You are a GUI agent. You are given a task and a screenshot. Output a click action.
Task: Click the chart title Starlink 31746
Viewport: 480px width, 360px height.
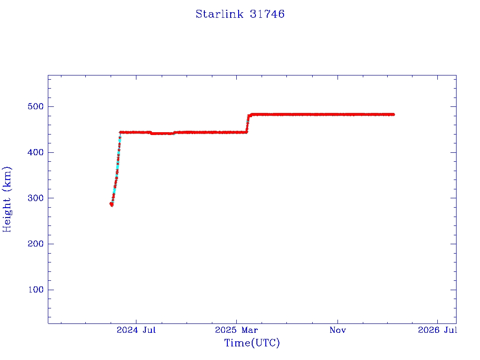click(240, 14)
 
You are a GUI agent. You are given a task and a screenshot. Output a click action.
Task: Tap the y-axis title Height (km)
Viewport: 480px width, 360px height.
click(7, 199)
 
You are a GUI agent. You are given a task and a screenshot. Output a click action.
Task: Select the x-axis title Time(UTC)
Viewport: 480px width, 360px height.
click(252, 343)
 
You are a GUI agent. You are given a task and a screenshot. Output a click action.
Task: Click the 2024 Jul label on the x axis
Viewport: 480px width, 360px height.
click(136, 330)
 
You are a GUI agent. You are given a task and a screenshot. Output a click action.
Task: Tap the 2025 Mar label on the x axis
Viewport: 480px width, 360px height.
click(237, 330)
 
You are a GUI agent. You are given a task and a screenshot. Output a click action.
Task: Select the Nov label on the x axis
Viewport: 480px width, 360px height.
click(337, 330)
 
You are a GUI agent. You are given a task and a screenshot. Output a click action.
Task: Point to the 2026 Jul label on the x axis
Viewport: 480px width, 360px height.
click(437, 330)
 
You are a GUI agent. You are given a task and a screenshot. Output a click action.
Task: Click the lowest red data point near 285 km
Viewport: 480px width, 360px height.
click(112, 204)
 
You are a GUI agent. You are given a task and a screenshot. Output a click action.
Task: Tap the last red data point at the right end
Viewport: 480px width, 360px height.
click(393, 114)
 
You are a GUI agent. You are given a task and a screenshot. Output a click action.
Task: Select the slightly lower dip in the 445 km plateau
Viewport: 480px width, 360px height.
click(162, 134)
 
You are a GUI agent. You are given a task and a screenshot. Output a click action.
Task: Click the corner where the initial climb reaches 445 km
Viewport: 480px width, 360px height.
click(120, 133)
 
